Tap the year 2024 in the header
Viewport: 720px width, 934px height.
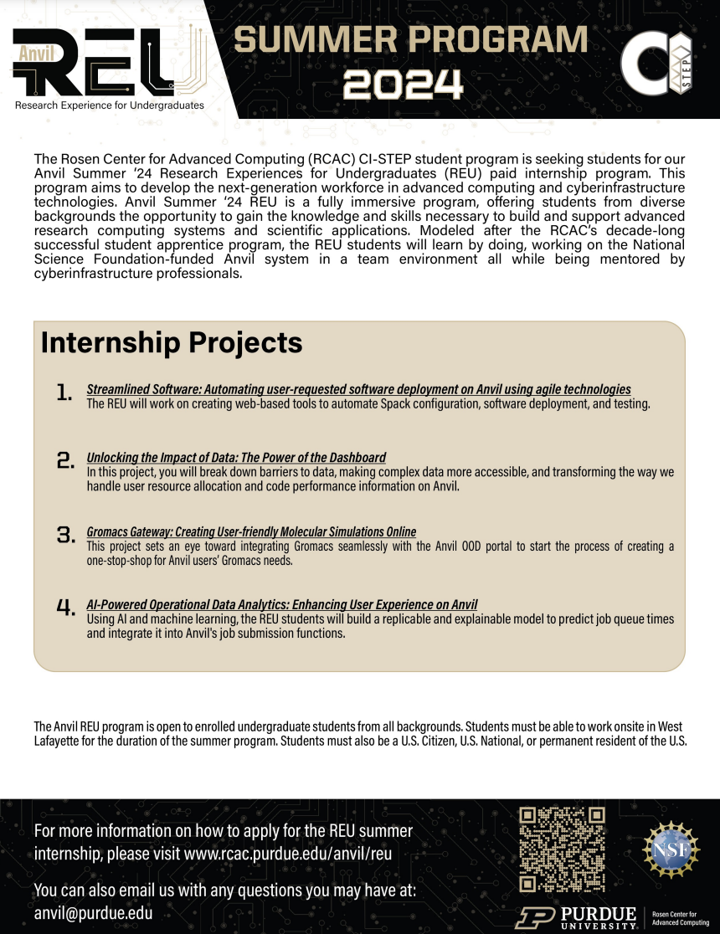pos(403,84)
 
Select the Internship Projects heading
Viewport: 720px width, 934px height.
pos(172,343)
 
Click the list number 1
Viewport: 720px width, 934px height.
pos(64,393)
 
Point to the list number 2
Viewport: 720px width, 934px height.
pos(65,459)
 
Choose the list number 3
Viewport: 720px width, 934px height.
pos(65,534)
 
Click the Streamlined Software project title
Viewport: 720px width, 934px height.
pos(358,390)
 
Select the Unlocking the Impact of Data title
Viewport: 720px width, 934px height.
pos(236,458)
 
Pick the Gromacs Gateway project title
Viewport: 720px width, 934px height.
pos(251,532)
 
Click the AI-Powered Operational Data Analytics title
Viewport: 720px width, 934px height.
pos(282,605)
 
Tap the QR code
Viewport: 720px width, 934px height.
pos(562,849)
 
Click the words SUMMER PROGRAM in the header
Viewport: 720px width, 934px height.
pos(409,39)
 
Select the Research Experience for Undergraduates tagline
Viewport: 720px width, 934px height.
pos(109,105)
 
